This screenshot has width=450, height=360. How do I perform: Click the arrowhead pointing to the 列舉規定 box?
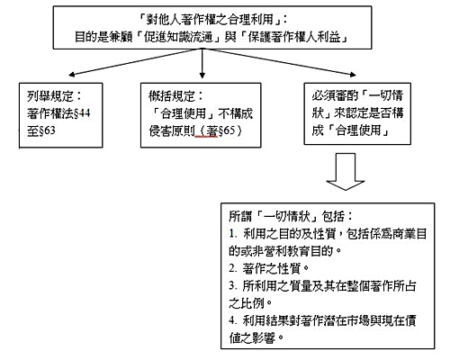point(71,74)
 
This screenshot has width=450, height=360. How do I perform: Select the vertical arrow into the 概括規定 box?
point(202,64)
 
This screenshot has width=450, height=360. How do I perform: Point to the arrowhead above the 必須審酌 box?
point(352,74)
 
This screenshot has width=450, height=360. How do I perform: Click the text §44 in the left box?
point(82,113)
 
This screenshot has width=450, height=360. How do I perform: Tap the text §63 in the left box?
point(47,130)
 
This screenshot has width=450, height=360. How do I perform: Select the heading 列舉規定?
point(50,96)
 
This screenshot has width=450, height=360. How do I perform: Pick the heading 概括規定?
point(172,96)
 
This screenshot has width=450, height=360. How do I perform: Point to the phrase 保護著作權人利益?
point(294,37)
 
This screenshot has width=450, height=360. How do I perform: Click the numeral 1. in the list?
point(233,234)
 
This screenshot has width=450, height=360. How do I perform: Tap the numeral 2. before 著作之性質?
point(233,268)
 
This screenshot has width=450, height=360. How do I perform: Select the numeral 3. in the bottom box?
point(233,285)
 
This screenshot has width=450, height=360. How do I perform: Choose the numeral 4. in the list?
point(233,320)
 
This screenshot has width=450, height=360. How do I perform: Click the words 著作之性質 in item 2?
point(271,268)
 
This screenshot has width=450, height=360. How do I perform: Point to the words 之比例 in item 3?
point(247,303)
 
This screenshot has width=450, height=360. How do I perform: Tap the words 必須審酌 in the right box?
point(335,95)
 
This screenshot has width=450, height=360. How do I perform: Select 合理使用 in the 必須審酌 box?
point(358,130)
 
